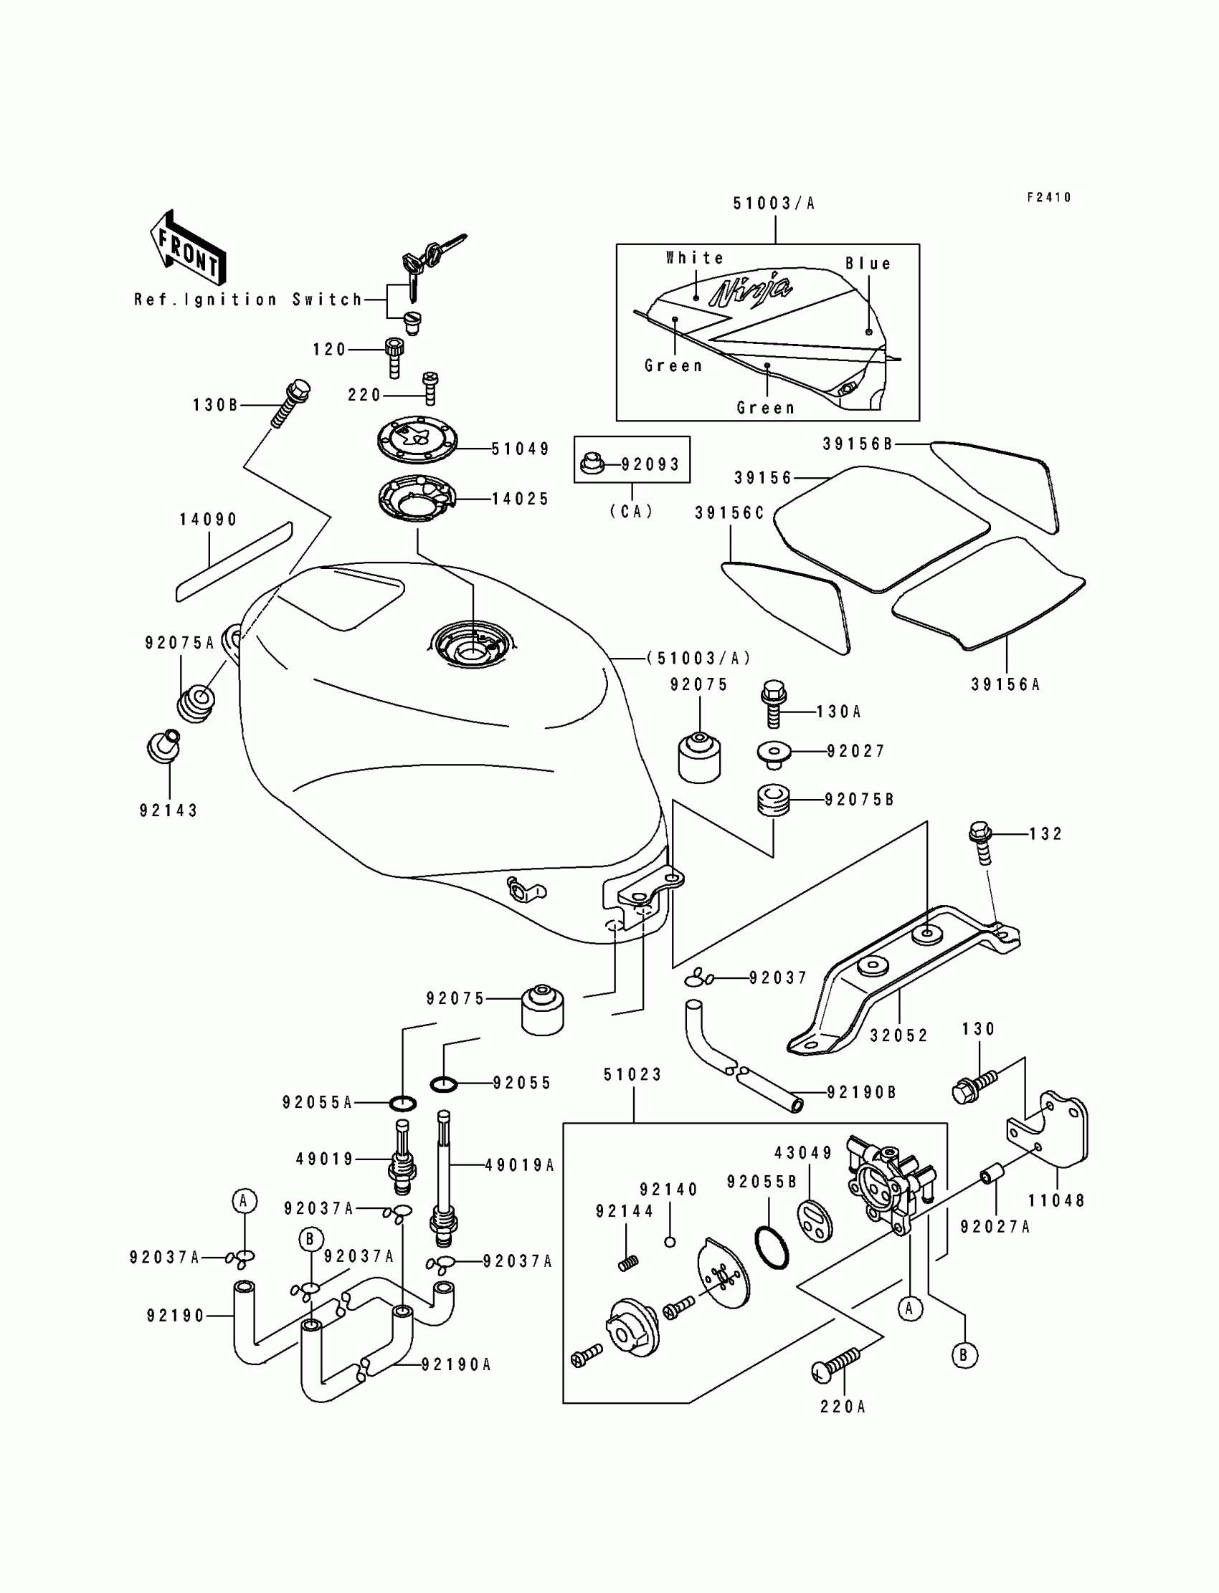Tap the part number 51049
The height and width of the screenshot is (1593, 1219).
coord(520,449)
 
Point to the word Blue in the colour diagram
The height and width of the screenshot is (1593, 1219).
coord(868,264)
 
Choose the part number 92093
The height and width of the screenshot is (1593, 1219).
coord(650,464)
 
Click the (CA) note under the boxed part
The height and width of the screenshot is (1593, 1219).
coord(631,511)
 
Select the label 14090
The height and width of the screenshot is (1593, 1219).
coord(209,520)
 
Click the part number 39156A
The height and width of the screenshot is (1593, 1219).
coord(1005,684)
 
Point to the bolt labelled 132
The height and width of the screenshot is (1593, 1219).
coord(980,843)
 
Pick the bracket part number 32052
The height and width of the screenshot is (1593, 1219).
coord(899,1035)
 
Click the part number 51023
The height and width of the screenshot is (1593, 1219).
coord(632,1075)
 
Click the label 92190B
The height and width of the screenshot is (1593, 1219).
coord(861,1092)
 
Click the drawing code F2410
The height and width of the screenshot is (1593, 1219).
coord(1048,197)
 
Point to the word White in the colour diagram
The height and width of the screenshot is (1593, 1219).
coord(694,258)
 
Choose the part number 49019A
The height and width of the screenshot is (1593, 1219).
coord(520,1165)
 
